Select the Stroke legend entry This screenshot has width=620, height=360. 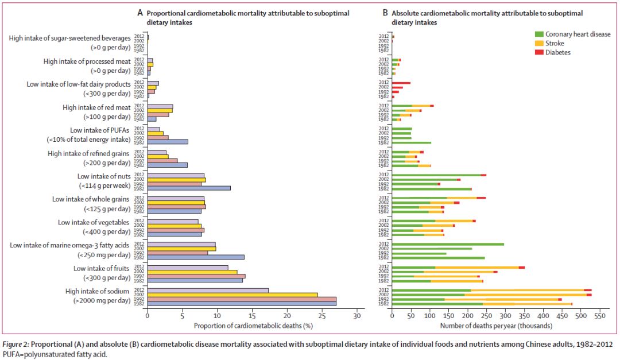click(555, 43)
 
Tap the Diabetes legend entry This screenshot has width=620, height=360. click(557, 52)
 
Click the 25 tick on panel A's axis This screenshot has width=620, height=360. click(322, 316)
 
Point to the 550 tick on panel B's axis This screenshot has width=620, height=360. click(599, 316)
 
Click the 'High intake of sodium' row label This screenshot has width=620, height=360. click(98, 292)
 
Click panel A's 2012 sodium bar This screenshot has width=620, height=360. click(208, 290)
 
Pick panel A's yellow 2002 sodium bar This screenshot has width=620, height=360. click(232, 295)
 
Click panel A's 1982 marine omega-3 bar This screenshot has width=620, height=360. click(196, 257)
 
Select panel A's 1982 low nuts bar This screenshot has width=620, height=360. click(189, 188)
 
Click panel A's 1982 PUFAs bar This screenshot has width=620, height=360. click(168, 142)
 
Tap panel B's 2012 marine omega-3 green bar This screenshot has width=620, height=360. click(448, 244)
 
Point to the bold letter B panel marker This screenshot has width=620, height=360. click(385, 13)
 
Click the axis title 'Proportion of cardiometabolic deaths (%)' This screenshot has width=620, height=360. click(253, 326)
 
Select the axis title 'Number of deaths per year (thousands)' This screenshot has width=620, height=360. click(496, 326)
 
